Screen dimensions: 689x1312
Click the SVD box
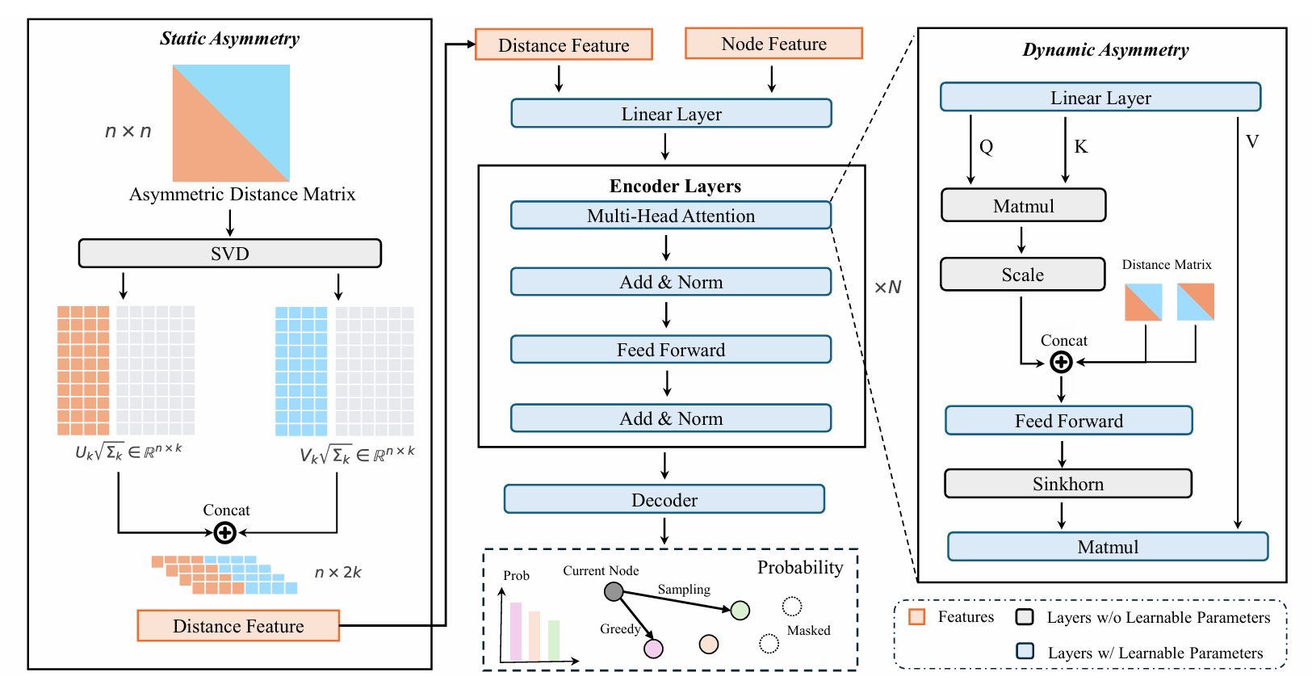tap(229, 254)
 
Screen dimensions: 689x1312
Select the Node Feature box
tap(773, 44)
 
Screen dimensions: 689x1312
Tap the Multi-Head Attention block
tap(671, 216)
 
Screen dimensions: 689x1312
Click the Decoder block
tap(664, 499)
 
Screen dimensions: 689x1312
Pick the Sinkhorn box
tap(1068, 484)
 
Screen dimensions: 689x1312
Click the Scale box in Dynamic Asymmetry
tap(1022, 275)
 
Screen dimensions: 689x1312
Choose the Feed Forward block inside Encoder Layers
tap(671, 350)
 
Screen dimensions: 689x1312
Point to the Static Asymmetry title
tap(229, 39)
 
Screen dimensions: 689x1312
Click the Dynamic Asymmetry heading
tap(1105, 50)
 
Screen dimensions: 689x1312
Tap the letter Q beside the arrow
tap(986, 147)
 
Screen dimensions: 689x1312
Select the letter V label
tap(1252, 142)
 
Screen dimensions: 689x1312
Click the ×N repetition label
tap(887, 288)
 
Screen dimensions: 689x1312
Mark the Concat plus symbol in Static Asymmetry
tap(225, 533)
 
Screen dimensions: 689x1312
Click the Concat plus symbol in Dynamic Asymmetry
tap(1061, 363)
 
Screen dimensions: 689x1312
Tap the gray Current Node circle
tap(614, 592)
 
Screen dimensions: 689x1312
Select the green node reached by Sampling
tap(740, 611)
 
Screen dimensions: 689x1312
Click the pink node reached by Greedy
tap(653, 649)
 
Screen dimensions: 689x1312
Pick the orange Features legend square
tap(916, 617)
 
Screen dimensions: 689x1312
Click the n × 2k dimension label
tap(337, 573)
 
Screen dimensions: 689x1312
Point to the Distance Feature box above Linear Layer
tap(564, 45)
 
